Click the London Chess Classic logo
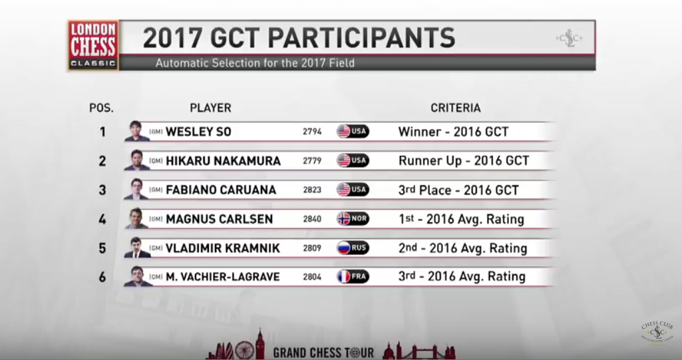click(x=93, y=45)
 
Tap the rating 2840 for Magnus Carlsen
click(x=312, y=219)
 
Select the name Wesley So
click(x=198, y=132)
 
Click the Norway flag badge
click(x=353, y=219)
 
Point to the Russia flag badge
click(x=353, y=248)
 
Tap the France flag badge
click(x=353, y=277)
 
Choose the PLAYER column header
click(x=210, y=108)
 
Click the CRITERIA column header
click(x=455, y=108)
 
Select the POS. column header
click(x=101, y=108)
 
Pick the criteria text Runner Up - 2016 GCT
click(x=464, y=161)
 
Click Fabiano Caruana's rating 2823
click(x=312, y=190)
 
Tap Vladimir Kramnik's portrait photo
click(x=138, y=248)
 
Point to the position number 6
click(x=102, y=277)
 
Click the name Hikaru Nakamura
click(x=223, y=161)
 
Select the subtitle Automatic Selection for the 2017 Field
click(x=255, y=63)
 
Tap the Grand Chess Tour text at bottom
click(x=323, y=352)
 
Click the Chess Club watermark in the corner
click(x=657, y=333)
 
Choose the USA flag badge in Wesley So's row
click(x=353, y=131)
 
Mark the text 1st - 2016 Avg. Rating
click(x=461, y=219)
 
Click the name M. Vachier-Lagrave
click(x=223, y=277)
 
